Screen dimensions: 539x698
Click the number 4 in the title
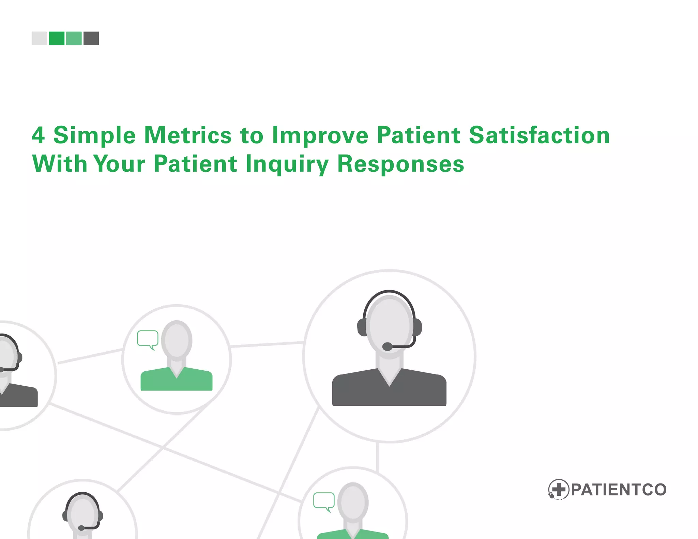38,136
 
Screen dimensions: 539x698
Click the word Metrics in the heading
188,136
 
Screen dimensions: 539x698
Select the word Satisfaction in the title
539,136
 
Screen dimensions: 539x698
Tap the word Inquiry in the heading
287,164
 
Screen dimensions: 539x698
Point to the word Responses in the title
400,164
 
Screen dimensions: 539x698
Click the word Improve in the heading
320,136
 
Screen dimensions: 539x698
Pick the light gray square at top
39,38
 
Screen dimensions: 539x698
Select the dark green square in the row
57,38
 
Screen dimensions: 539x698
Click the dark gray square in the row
91,38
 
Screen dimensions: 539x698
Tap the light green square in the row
74,38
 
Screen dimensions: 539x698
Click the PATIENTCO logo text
618,490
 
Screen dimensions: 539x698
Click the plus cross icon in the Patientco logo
559,490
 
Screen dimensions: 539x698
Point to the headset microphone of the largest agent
388,346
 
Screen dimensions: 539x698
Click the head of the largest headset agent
390,325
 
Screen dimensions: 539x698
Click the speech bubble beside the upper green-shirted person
148,338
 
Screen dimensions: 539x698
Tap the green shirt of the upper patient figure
176,381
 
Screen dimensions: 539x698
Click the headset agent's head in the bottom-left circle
82,513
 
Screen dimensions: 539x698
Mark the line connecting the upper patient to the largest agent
267,344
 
